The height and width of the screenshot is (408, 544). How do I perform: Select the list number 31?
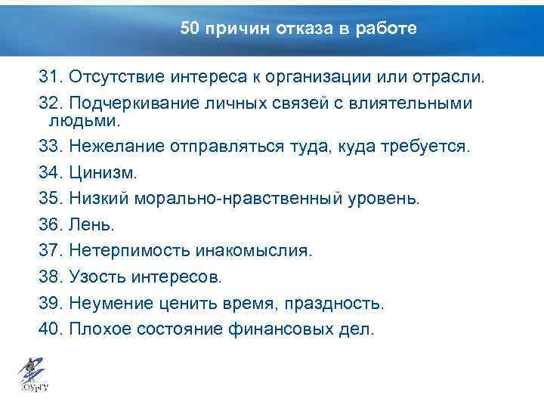(50, 78)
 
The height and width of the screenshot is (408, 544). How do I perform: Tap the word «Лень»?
(92, 225)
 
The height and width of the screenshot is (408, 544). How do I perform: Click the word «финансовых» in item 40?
(284, 329)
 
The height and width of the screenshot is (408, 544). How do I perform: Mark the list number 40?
(50, 329)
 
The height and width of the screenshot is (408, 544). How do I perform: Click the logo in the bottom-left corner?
(31, 375)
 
